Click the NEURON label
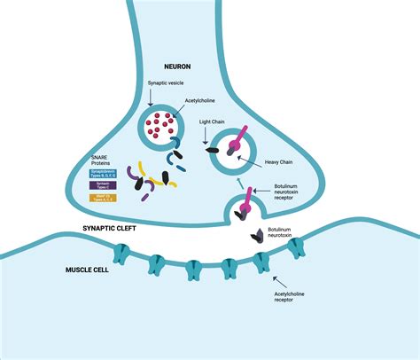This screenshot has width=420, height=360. (x=185, y=67)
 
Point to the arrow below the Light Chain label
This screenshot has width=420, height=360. (x=206, y=138)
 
